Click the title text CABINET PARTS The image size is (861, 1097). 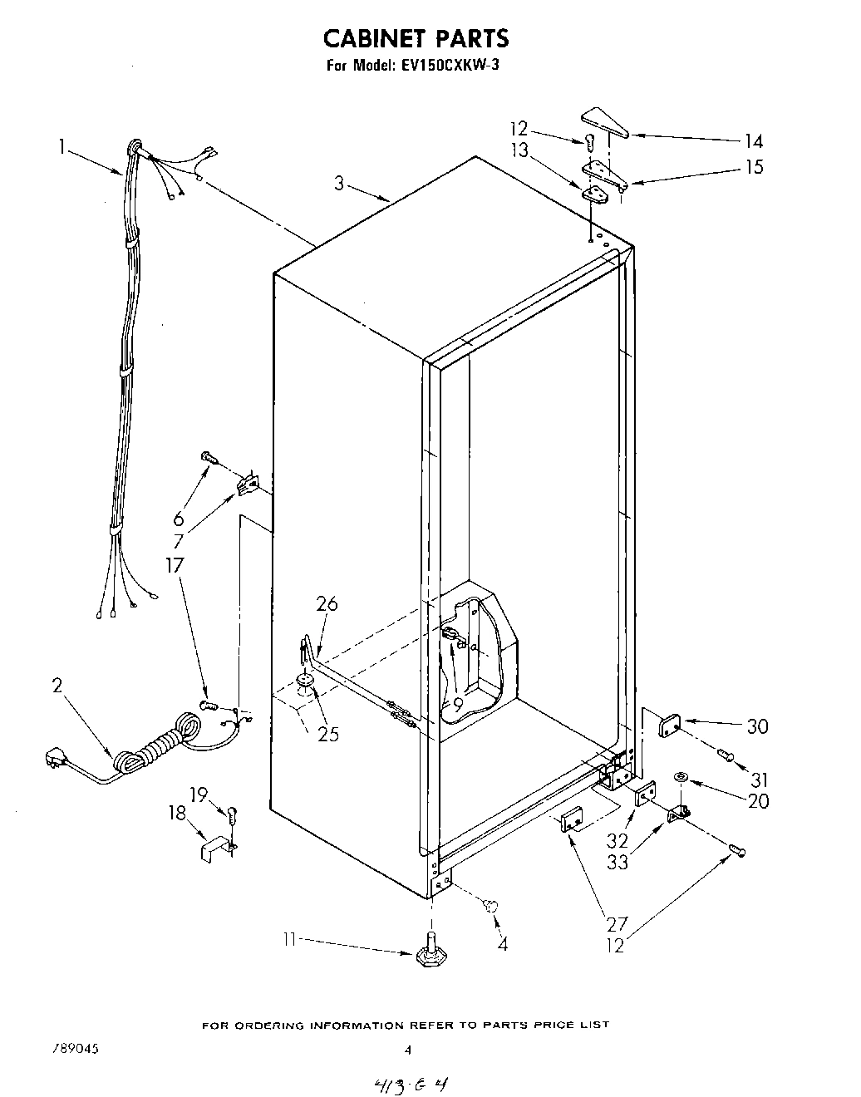(x=416, y=38)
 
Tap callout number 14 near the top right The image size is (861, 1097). (x=753, y=141)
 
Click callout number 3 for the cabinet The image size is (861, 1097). (x=339, y=184)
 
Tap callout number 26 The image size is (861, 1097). (x=327, y=604)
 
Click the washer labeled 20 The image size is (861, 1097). (x=681, y=777)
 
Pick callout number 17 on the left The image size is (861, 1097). (x=174, y=565)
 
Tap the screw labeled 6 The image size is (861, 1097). (x=208, y=456)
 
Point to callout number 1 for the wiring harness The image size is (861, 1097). (x=61, y=147)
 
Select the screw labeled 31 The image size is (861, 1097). (x=725, y=755)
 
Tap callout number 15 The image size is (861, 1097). (x=753, y=167)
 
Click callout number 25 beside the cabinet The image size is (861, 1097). (x=327, y=734)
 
